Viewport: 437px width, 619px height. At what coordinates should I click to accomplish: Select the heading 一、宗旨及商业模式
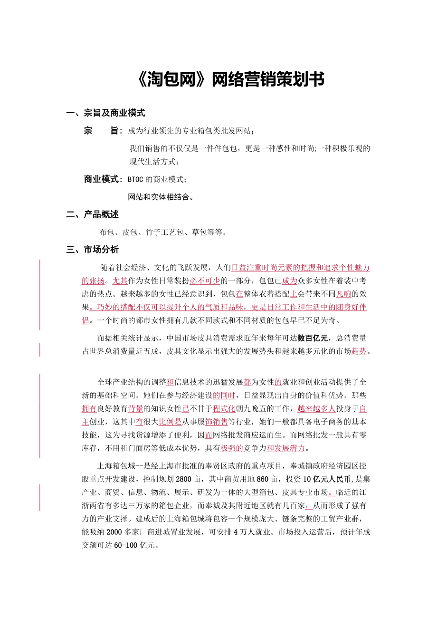point(105,113)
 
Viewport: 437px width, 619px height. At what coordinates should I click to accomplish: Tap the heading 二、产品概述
point(92,214)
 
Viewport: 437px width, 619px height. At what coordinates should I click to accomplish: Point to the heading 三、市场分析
point(92,249)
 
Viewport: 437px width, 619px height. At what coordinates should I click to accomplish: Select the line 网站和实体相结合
point(160,197)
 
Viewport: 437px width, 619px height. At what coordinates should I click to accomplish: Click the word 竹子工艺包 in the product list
point(163,232)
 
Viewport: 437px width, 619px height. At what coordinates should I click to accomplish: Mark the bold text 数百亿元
point(313,338)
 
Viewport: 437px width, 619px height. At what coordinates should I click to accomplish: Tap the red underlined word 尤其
point(117,280)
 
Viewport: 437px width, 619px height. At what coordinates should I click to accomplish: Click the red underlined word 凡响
point(343,294)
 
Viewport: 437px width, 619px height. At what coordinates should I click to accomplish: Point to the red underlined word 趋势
point(359,351)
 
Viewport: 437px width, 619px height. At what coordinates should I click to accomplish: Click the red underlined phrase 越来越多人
point(316,408)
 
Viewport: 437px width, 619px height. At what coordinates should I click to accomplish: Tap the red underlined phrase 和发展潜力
point(286,448)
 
